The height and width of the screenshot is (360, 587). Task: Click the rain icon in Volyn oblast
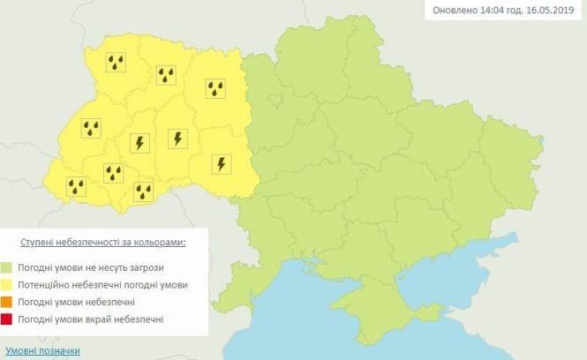(116, 62)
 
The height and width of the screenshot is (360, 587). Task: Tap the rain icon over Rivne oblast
(165, 74)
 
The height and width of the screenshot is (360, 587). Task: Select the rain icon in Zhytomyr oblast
(215, 88)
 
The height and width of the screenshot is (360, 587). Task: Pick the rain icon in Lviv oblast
(91, 129)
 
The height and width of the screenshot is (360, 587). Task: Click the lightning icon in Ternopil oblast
(139, 142)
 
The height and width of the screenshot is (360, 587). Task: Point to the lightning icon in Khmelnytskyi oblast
(177, 139)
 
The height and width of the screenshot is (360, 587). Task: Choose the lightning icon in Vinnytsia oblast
(221, 163)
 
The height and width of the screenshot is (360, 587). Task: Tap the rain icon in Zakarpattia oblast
(77, 186)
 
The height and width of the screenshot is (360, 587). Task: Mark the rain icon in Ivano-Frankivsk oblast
(113, 173)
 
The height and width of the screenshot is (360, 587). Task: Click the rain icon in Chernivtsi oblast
(143, 191)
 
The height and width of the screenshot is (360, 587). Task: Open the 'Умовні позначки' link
(41, 350)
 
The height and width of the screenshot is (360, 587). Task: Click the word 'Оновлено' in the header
(455, 11)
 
